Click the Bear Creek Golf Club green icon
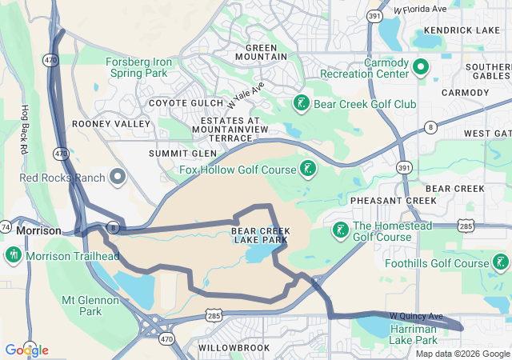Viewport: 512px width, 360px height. pos(301,103)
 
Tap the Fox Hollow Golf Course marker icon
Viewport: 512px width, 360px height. pos(307,168)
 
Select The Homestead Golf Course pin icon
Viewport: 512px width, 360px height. pos(340,230)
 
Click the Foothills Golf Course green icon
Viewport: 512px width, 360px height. pos(501,262)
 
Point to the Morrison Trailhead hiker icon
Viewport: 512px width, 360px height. pos(13,255)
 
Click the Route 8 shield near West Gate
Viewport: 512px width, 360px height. pos(430,126)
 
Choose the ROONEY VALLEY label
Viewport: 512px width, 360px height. pos(110,124)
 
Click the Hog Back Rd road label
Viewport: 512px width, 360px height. pos(25,129)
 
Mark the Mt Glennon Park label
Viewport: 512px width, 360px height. pos(90,306)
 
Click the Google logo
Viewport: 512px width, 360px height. pos(26,350)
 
